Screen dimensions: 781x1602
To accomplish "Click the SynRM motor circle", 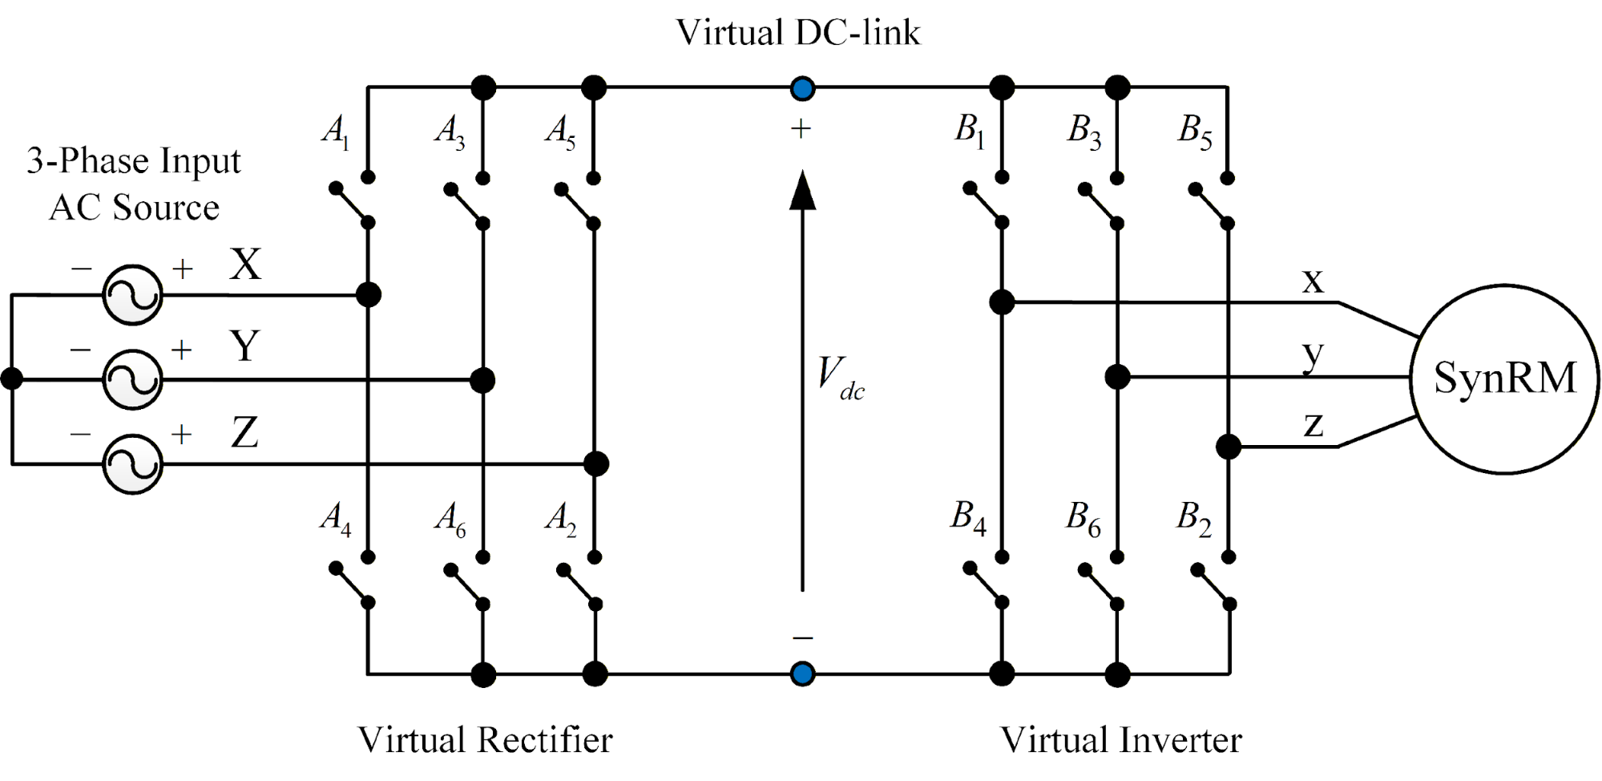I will [x=1504, y=378].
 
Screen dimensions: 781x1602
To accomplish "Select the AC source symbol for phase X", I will [x=132, y=295].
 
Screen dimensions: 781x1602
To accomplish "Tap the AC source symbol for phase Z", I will [x=132, y=464].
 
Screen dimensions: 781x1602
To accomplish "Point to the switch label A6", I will [x=450, y=520].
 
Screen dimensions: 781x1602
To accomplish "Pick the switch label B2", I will [x=1193, y=520].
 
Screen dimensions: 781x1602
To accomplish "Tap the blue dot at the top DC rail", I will [x=802, y=88].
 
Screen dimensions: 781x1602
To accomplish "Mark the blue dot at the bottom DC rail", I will [x=802, y=674].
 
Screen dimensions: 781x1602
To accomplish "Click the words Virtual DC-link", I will [x=798, y=33].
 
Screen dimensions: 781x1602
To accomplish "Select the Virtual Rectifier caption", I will [x=485, y=739].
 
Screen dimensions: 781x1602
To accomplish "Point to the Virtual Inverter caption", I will [x=1120, y=739].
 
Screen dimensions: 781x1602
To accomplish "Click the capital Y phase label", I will [x=244, y=346].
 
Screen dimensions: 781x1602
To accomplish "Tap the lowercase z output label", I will [x=1313, y=424].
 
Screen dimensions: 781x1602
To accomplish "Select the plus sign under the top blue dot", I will [x=801, y=129].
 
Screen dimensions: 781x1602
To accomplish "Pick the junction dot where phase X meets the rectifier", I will [x=368, y=295].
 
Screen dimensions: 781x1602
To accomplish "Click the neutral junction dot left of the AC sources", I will [x=12, y=378].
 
